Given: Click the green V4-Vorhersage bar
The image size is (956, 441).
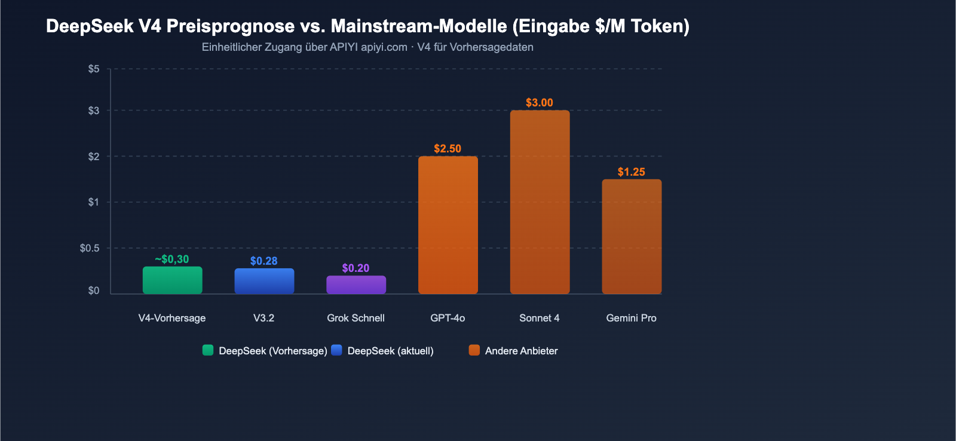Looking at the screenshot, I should click(172, 280).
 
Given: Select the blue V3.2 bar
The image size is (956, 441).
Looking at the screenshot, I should click(264, 281).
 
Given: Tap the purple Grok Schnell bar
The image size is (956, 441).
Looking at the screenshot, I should click(356, 284).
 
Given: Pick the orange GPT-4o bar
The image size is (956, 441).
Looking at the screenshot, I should click(448, 225).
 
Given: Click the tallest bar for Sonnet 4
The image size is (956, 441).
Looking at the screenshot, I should click(540, 202).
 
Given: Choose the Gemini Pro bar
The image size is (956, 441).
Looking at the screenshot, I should click(632, 237).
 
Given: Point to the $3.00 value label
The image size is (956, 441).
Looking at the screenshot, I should click(540, 103).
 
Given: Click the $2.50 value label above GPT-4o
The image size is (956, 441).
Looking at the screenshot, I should click(448, 149).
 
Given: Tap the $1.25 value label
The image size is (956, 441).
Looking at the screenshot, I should click(632, 172).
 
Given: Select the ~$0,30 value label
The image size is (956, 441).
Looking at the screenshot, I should click(172, 259).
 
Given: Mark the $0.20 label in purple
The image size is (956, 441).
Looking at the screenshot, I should click(356, 268).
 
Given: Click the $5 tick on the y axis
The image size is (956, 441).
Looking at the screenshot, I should click(94, 69).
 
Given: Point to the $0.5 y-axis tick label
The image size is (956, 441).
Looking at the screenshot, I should click(90, 248).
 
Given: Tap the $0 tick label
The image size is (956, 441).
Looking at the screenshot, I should click(94, 291).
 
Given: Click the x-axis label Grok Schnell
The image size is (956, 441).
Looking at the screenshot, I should click(356, 318).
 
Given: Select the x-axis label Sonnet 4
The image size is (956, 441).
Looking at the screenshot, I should click(540, 318).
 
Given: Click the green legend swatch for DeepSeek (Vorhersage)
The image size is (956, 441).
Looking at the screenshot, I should click(208, 350).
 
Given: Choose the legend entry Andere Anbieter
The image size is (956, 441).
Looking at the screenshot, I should click(521, 351).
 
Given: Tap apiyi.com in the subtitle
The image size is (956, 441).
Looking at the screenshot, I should click(384, 47).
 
